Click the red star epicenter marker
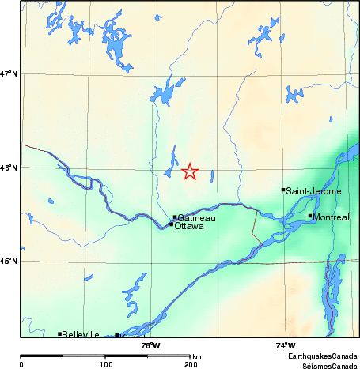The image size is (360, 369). pyautogui.click(x=189, y=171)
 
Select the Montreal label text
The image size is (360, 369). pyautogui.click(x=332, y=217)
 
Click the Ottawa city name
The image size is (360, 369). pyautogui.click(x=189, y=226)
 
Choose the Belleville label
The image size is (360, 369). pyautogui.click(x=81, y=335)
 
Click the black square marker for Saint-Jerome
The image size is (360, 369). pyautogui.click(x=283, y=190)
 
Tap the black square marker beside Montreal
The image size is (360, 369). pyautogui.click(x=310, y=215)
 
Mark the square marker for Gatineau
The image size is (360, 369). pyautogui.click(x=175, y=217)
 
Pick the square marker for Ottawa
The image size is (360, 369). pyautogui.click(x=171, y=224)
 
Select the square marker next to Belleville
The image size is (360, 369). pyautogui.click(x=60, y=334)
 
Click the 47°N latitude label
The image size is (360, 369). pyautogui.click(x=9, y=74)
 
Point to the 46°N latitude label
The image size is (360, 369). pyautogui.click(x=9, y=168)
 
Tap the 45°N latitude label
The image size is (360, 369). pyautogui.click(x=9, y=262)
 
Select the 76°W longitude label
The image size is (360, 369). pyautogui.click(x=150, y=345)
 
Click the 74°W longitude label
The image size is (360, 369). pyautogui.click(x=286, y=345)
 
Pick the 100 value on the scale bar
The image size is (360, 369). pyautogui.click(x=105, y=365)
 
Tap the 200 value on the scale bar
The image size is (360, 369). pyautogui.click(x=190, y=365)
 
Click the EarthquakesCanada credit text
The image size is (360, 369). pyautogui.click(x=322, y=357)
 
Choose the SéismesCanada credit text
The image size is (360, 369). pyautogui.click(x=324, y=365)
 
